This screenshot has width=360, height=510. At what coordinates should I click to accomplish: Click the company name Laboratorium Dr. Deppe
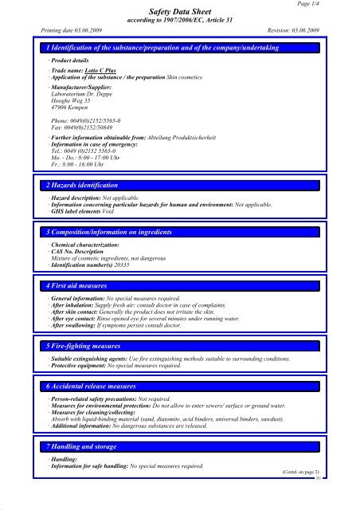pos(71,92)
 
